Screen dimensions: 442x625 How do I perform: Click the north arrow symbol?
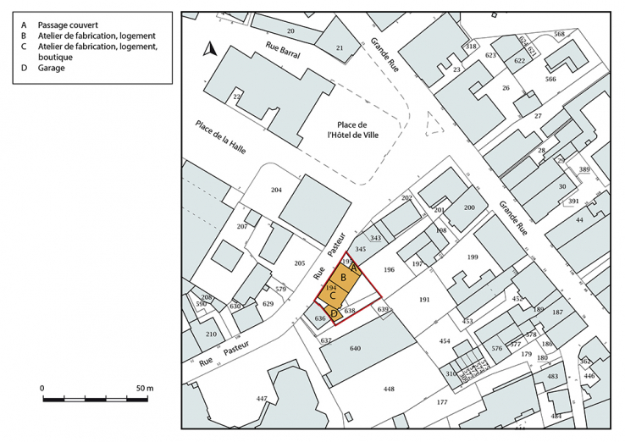210,49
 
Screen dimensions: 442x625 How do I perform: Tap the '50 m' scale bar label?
144,388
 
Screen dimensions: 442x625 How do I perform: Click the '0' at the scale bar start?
42,388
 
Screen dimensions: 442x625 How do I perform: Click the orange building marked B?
344,277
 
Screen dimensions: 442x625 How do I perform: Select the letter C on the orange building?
334,296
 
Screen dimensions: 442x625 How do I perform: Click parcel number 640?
355,348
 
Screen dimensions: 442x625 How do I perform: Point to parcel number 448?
389,389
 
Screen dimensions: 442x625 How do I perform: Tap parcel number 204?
276,190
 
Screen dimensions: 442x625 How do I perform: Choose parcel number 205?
298,263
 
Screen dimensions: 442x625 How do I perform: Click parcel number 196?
389,270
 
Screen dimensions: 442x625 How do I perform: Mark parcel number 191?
424,300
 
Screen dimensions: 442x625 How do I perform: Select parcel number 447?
262,397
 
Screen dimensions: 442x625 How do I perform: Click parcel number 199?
473,257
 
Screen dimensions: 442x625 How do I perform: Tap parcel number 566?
550,79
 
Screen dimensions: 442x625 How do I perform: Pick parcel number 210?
211,333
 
